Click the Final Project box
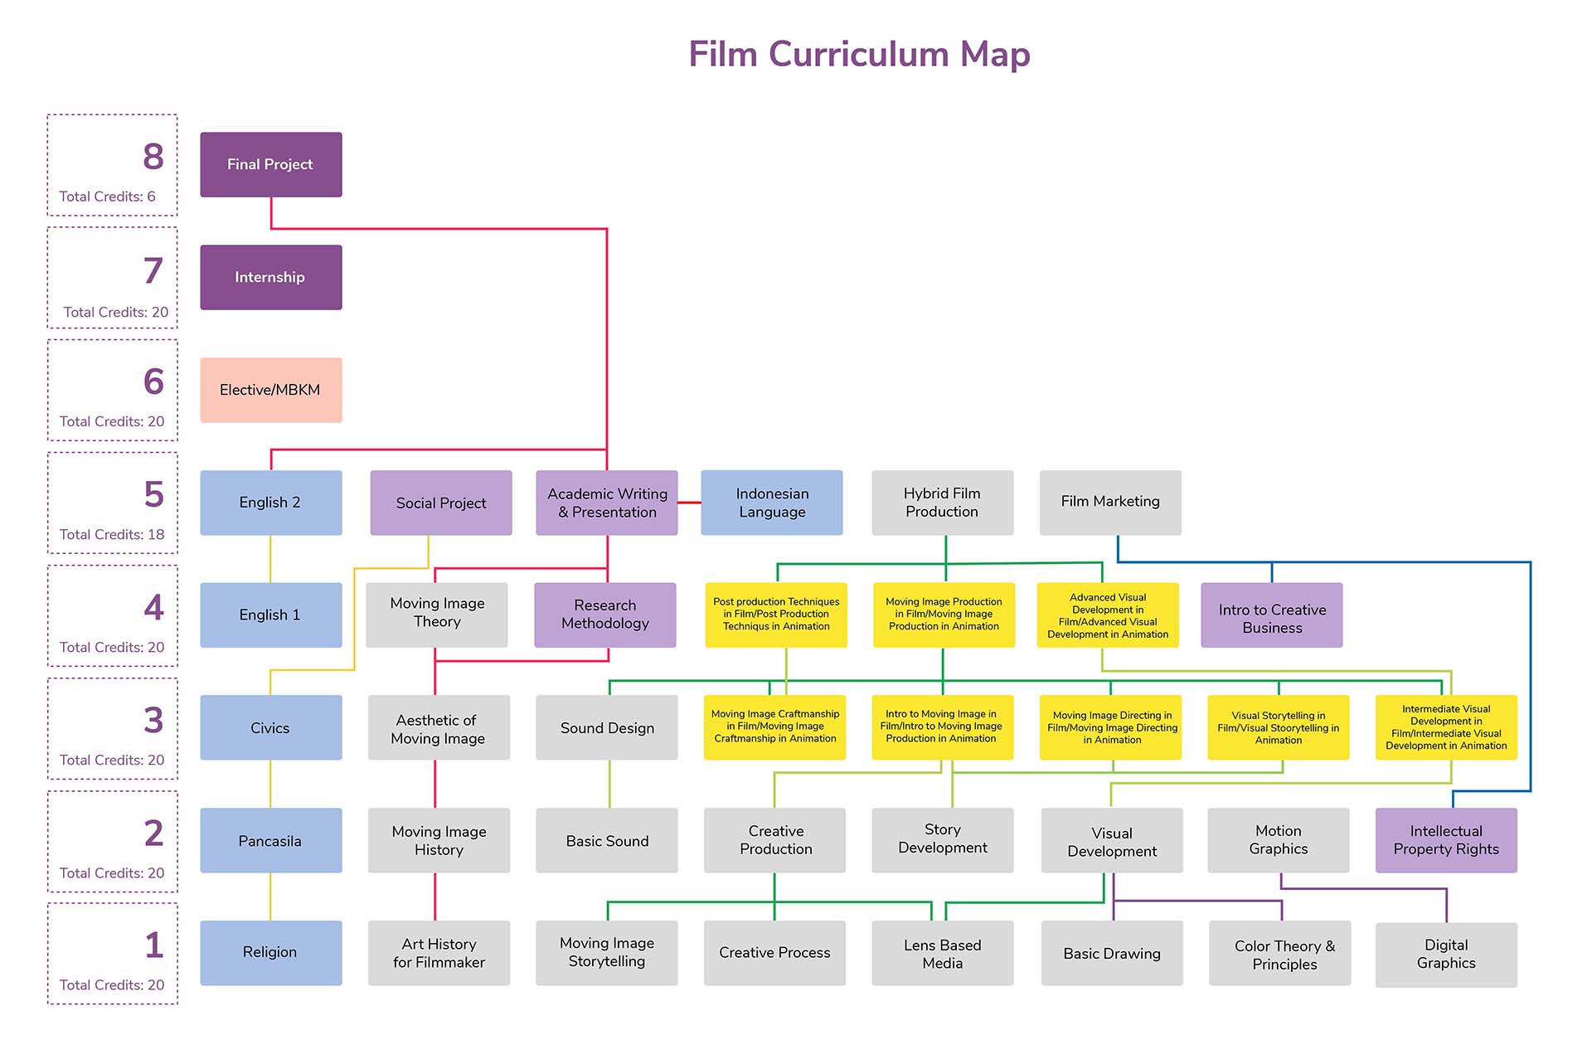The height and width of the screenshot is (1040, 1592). (270, 164)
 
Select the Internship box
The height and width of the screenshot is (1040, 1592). (270, 277)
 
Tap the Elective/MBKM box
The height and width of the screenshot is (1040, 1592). (270, 390)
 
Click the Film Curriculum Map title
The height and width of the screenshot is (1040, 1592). (859, 55)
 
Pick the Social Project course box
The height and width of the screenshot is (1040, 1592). (440, 503)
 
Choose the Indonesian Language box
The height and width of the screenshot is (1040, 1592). (771, 503)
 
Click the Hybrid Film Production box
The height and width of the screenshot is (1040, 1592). (942, 503)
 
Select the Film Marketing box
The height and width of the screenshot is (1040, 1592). (1110, 502)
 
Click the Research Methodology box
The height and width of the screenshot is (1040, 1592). (604, 615)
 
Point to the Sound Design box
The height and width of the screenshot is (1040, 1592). (606, 727)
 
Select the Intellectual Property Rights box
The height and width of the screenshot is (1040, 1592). (1446, 840)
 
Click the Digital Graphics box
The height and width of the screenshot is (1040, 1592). (1446, 954)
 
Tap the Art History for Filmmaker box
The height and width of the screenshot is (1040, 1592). (439, 953)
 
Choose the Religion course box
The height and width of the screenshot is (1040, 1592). (270, 952)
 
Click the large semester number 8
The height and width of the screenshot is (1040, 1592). (153, 157)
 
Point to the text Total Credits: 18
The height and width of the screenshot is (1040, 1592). (112, 534)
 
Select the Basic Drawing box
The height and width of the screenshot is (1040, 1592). (1111, 953)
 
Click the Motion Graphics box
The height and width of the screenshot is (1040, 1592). (1278, 840)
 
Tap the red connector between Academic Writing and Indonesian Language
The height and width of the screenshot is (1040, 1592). (689, 503)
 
